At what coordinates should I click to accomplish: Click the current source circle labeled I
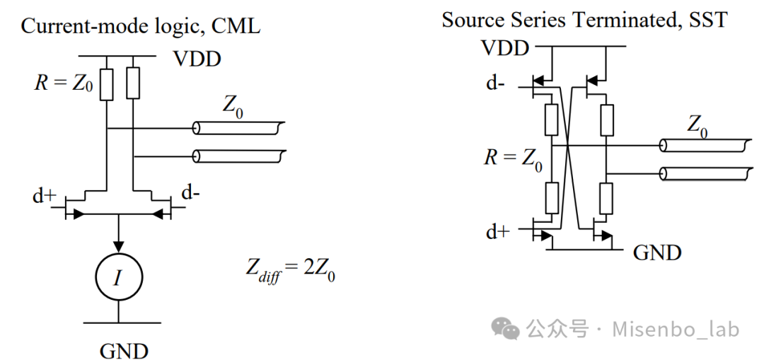pos(118,277)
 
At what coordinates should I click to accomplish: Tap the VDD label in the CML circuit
pos(198,59)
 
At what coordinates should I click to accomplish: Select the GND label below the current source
pos(124,350)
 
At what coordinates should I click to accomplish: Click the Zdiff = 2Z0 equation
pos(290,270)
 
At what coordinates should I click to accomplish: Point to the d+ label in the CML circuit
pos(45,195)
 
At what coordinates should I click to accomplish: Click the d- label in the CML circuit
pos(190,193)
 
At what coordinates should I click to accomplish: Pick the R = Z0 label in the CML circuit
pos(64,83)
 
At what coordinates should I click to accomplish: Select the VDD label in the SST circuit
pos(505,47)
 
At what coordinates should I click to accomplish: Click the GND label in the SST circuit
pos(656,252)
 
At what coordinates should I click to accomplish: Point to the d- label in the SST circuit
pos(494,83)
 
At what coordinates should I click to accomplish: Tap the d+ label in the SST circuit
pos(497,233)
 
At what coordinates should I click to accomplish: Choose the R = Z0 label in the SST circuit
pos(513,159)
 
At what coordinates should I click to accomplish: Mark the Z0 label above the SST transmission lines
pos(697,126)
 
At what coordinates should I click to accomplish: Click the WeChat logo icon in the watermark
pos(506,329)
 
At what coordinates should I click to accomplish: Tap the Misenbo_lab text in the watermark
pos(676,330)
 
